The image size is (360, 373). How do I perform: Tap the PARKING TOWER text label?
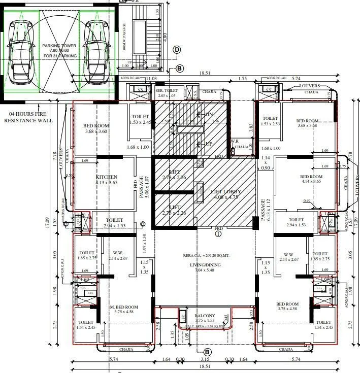pyautogui.click(x=59, y=45)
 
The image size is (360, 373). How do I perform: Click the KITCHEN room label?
pyautogui.click(x=106, y=177)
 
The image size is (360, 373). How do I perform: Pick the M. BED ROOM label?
pyautogui.click(x=124, y=307)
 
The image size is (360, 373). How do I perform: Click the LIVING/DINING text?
pyautogui.click(x=205, y=264)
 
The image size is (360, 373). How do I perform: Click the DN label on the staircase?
pyautogui.click(x=209, y=115)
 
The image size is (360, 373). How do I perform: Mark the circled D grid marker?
pyautogui.click(x=177, y=49)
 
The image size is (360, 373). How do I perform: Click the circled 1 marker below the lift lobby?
pyautogui.click(x=218, y=234)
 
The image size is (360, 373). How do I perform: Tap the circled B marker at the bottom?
pyautogui.click(x=207, y=352)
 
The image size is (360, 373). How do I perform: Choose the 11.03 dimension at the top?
pyautogui.click(x=151, y=79)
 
